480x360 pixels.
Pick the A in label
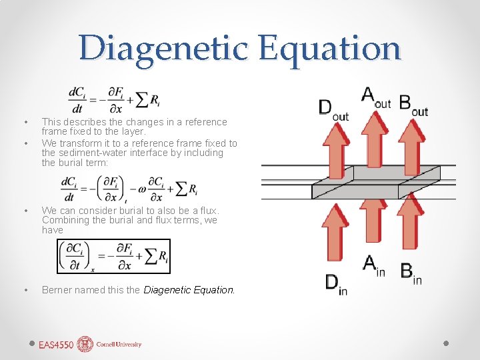point(373,265)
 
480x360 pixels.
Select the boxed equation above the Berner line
point(114,256)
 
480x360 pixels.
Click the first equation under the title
point(113,99)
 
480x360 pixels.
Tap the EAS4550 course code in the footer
point(55,345)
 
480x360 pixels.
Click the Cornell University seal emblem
point(85,344)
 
